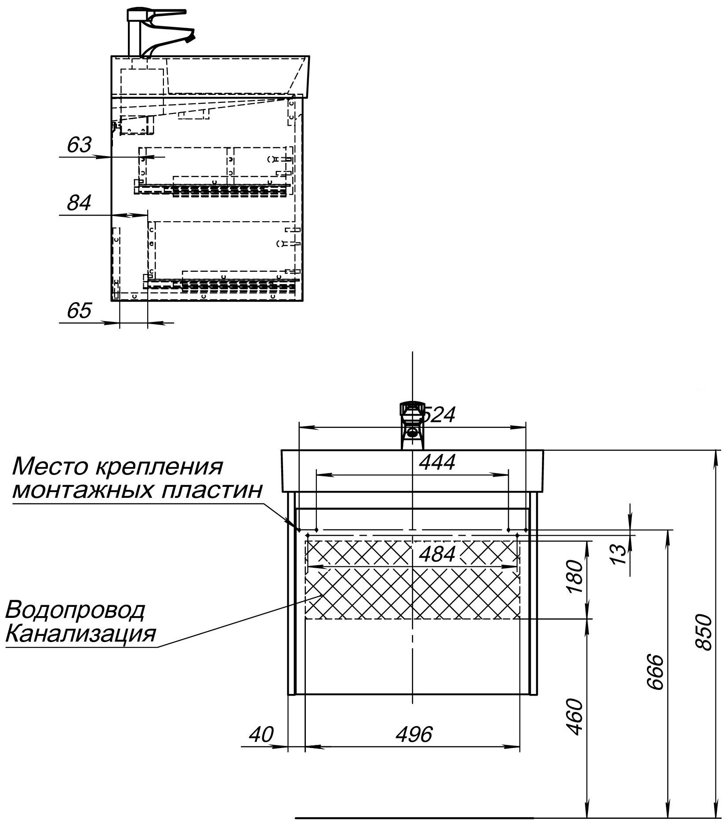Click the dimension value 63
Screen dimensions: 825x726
pyautogui.click(x=79, y=145)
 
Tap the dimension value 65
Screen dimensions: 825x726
pyautogui.click(x=79, y=310)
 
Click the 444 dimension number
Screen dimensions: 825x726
pyautogui.click(x=437, y=462)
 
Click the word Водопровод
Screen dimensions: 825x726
pyautogui.click(x=75, y=610)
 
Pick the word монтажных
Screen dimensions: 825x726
pyautogui.click(x=83, y=489)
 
